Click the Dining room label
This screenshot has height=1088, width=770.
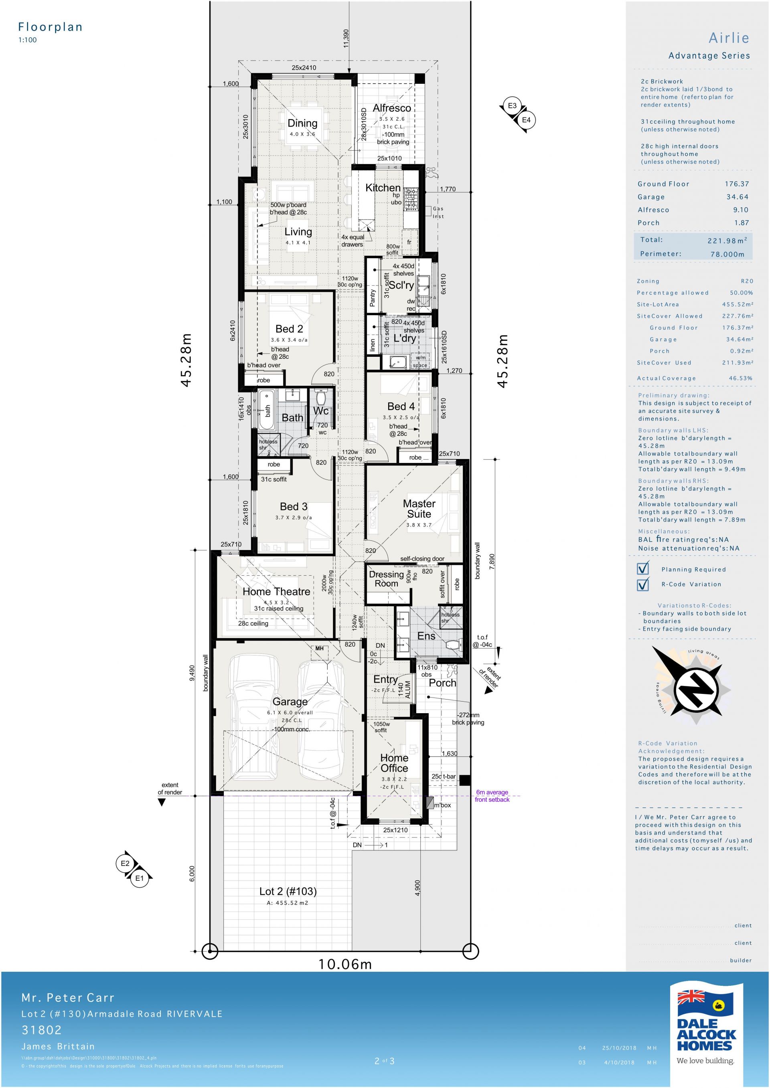[x=302, y=123]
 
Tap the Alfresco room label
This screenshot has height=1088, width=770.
[x=392, y=108]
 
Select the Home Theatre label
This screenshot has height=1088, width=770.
[x=276, y=591]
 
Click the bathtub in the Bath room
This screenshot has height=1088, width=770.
[x=265, y=410]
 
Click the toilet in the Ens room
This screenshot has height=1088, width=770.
[x=453, y=645]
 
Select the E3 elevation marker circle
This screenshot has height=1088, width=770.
[x=512, y=106]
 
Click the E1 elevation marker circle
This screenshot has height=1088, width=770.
[x=140, y=878]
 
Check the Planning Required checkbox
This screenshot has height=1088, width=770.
[x=642, y=568]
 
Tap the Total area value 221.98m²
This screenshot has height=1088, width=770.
[x=727, y=240]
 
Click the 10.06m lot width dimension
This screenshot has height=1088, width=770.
[x=345, y=964]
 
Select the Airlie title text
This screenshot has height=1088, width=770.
[x=729, y=38]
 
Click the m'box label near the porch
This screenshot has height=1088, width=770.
[x=442, y=805]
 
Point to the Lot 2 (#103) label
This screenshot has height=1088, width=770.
[x=288, y=891]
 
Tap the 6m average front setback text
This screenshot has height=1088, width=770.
[x=492, y=796]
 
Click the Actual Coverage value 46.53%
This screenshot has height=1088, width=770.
[x=741, y=378]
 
